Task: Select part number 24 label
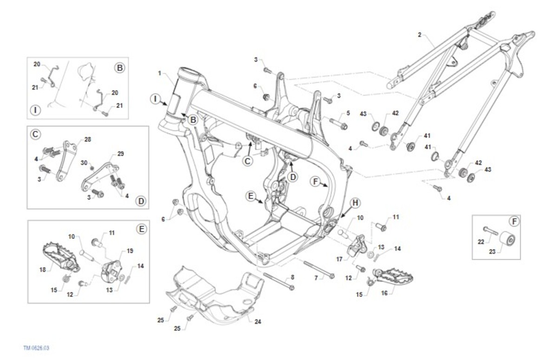point(258,320)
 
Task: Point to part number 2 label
point(419,35)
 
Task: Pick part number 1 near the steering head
point(160,73)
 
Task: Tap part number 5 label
point(347,113)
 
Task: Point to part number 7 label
point(316,278)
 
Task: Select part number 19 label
point(130,251)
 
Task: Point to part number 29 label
point(121,153)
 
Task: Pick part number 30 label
point(84,162)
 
